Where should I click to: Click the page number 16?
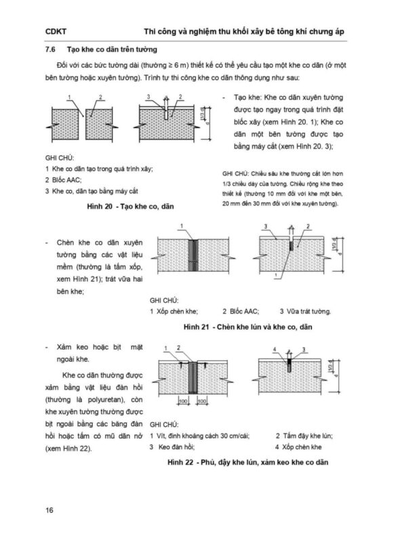[49, 510]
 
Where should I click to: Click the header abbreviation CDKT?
[56, 32]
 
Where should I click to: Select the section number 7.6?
[50, 49]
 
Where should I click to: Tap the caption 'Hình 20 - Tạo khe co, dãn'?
[130, 207]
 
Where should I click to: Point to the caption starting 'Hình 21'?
[247, 327]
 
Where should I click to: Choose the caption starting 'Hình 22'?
[247, 463]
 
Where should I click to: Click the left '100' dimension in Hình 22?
[183, 401]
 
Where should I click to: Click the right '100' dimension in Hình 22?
[202, 401]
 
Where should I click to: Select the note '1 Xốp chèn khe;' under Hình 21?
[174, 312]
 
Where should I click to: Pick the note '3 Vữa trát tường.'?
[305, 312]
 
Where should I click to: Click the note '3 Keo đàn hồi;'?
[172, 447]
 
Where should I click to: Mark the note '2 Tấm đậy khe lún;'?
[304, 436]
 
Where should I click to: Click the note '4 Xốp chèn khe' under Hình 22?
[298, 447]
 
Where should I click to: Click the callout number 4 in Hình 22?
[275, 350]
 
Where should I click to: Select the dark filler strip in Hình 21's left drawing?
[193, 255]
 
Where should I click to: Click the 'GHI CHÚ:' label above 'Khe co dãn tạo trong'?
[60, 158]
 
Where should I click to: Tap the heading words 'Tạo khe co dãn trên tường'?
[112, 49]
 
